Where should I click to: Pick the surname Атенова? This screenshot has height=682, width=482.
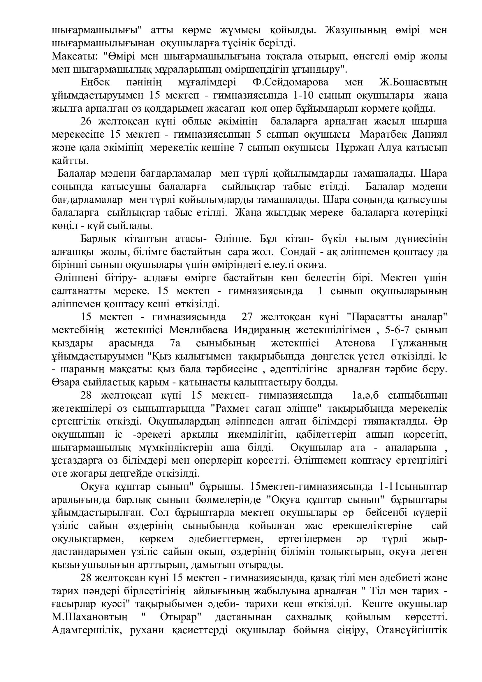coord(355,343)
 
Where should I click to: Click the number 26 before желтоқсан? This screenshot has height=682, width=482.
coord(86,122)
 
